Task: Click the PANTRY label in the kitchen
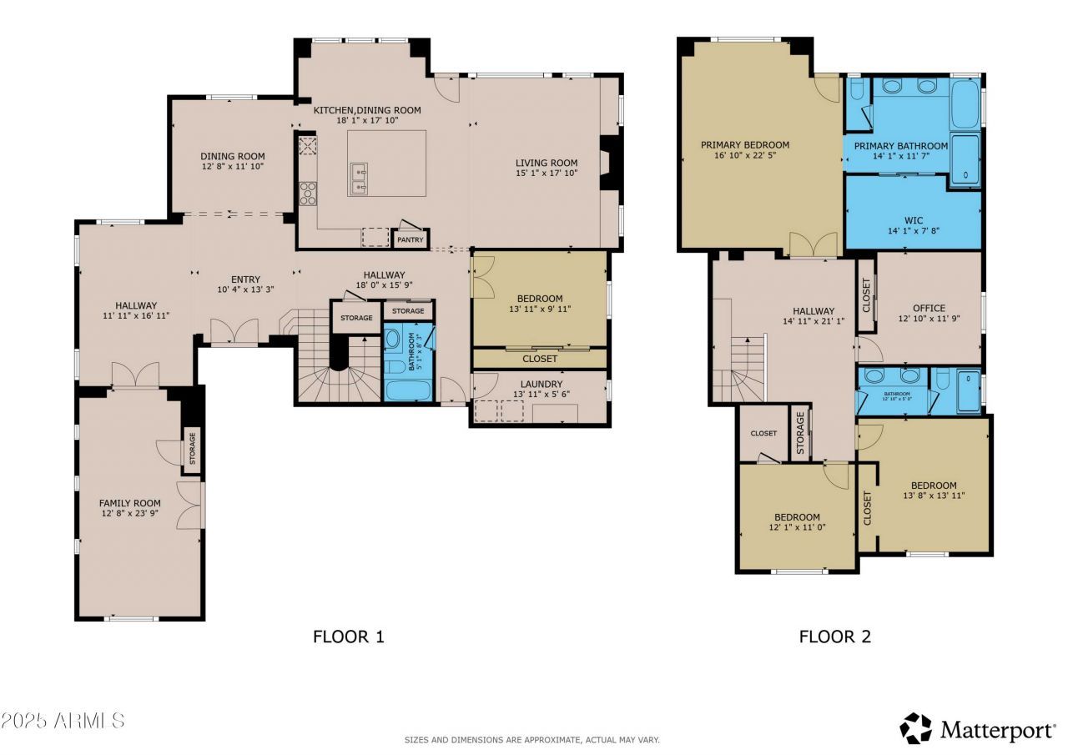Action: (411, 240)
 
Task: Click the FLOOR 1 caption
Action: (349, 637)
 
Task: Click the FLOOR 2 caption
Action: (834, 637)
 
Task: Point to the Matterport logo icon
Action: (915, 728)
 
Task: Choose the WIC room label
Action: (913, 220)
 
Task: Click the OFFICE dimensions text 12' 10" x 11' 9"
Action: (929, 320)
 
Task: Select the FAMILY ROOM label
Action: (129, 503)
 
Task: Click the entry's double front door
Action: (234, 333)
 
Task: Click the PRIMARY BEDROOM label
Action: (745, 144)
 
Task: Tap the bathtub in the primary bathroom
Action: (965, 103)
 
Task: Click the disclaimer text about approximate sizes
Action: (532, 740)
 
